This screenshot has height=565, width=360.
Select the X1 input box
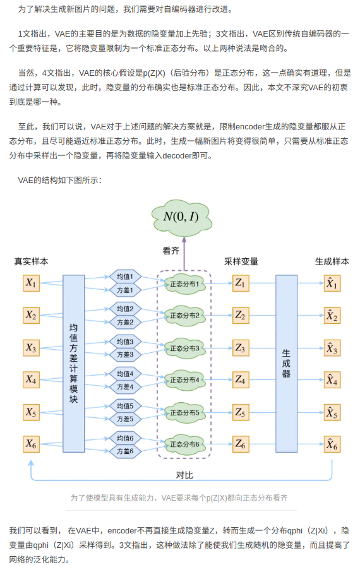(31, 283)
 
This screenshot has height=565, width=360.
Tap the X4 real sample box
(31, 379)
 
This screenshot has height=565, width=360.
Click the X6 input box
(31, 444)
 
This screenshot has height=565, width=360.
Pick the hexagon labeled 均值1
(125, 277)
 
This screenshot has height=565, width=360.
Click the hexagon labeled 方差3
(125, 354)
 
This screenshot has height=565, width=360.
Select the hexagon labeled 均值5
(125, 406)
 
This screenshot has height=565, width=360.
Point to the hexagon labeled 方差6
(125, 451)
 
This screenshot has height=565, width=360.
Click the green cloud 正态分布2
(184, 315)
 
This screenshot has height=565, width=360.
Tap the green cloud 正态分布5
(184, 413)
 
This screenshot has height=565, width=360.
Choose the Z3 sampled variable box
(240, 347)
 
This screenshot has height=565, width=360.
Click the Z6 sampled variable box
(240, 444)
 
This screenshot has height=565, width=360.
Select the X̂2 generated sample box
(332, 315)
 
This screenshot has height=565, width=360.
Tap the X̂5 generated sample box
(332, 413)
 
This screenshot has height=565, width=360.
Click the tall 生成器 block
(286, 364)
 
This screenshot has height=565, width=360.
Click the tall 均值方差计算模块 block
(73, 364)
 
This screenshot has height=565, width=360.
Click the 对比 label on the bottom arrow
(184, 474)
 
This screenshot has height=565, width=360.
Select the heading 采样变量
(241, 261)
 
